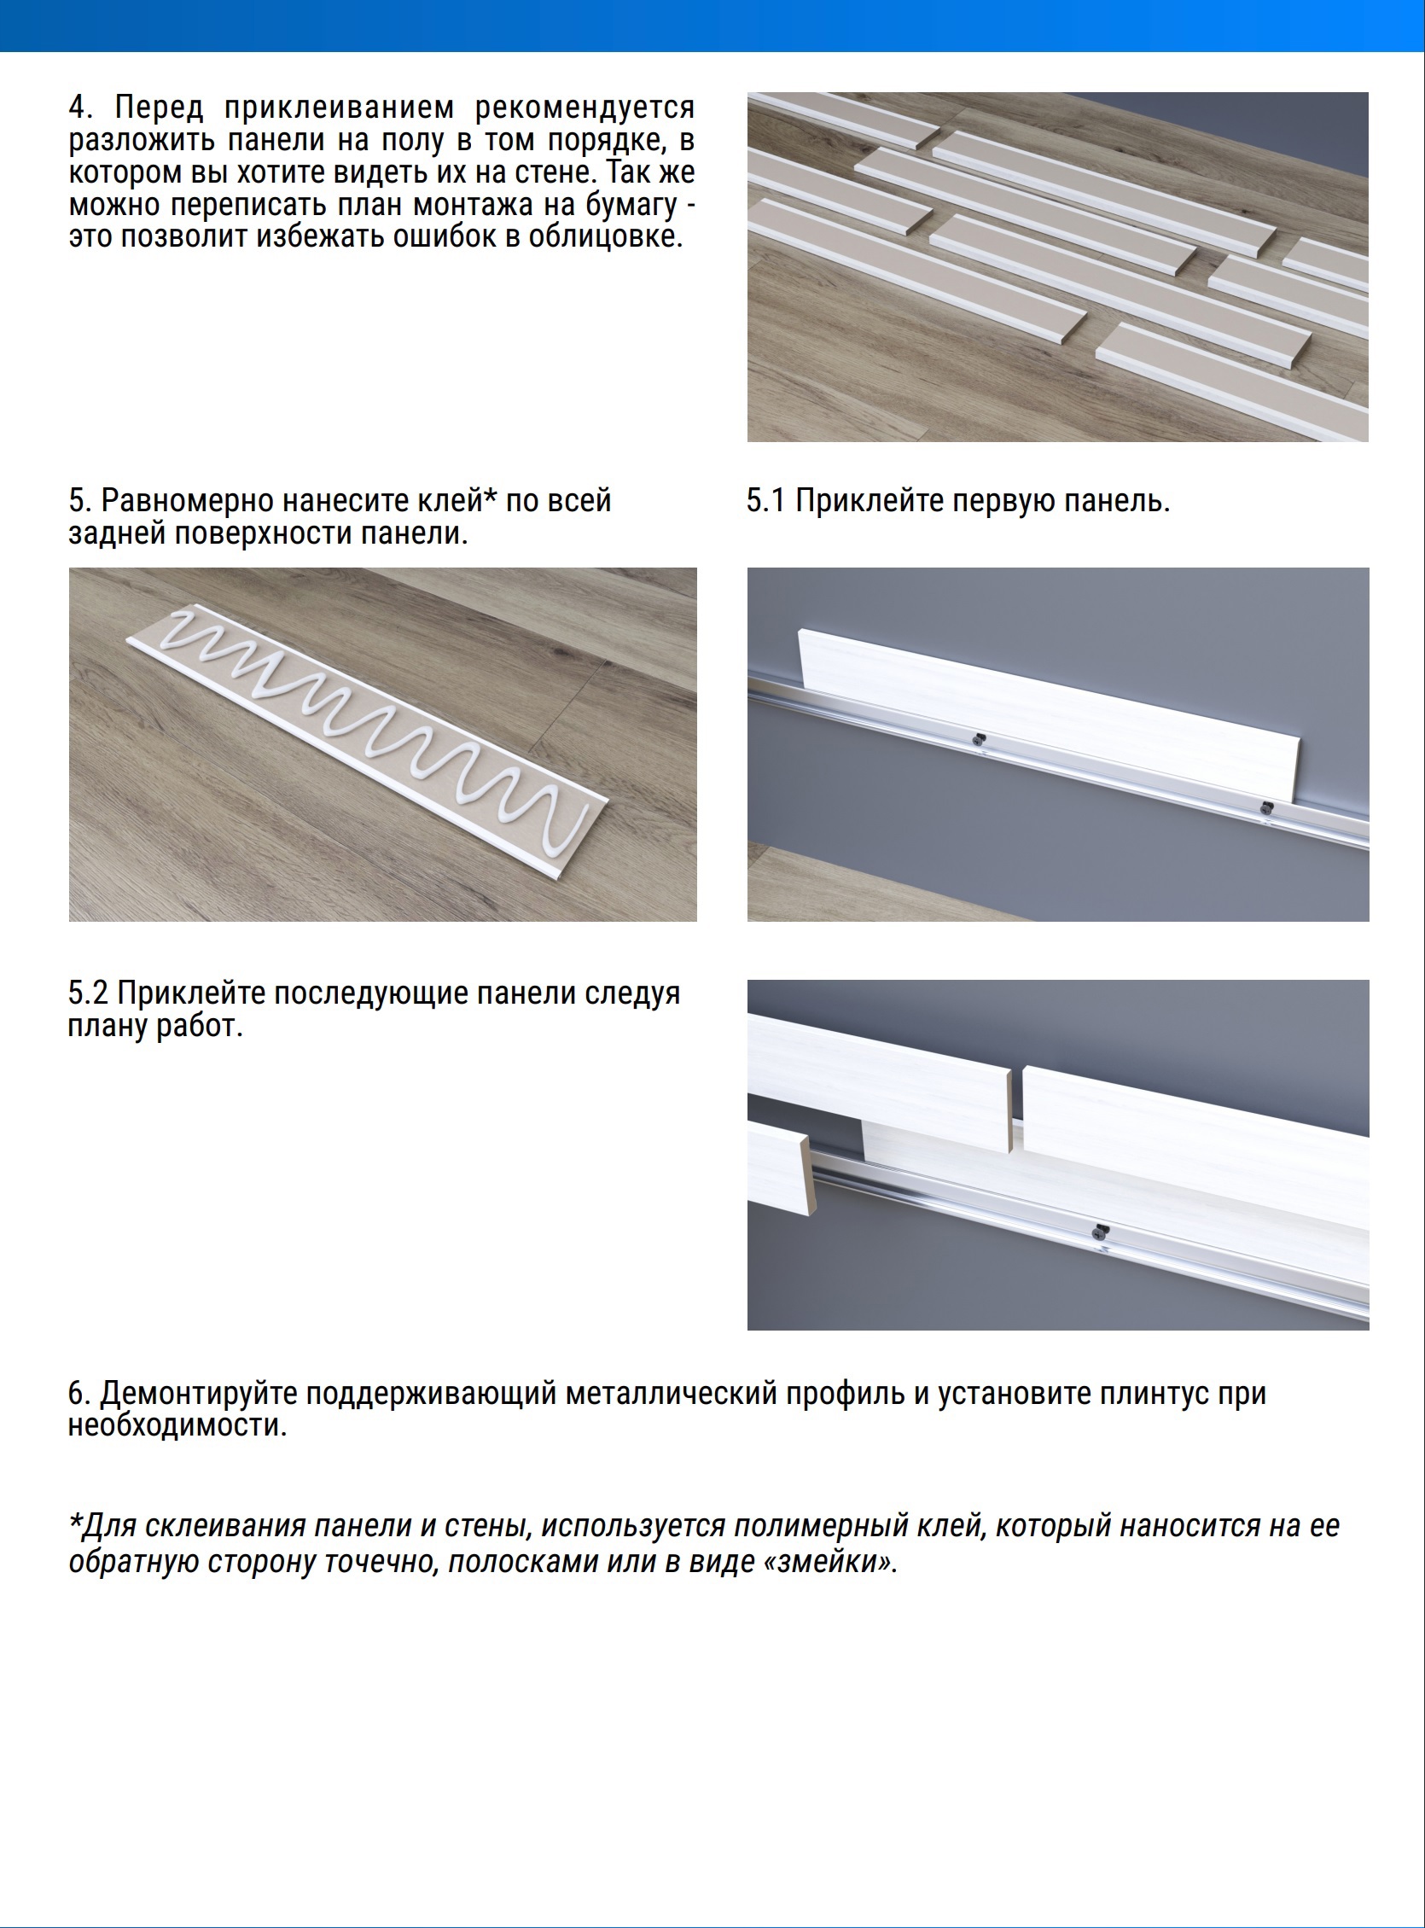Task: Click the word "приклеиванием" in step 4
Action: tap(339, 108)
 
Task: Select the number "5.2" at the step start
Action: tap(88, 993)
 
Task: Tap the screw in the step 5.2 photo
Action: tap(1100, 1231)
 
